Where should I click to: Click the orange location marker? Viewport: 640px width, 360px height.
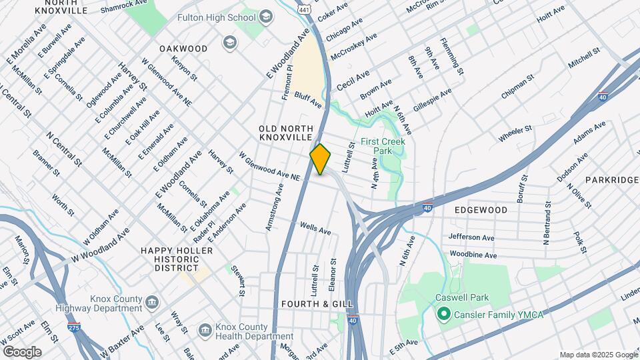coord(321,159)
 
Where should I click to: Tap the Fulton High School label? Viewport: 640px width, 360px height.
coord(217,17)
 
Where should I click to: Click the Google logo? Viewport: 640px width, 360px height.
coord(22,352)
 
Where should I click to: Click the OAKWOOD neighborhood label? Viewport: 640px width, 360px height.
coord(183,49)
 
